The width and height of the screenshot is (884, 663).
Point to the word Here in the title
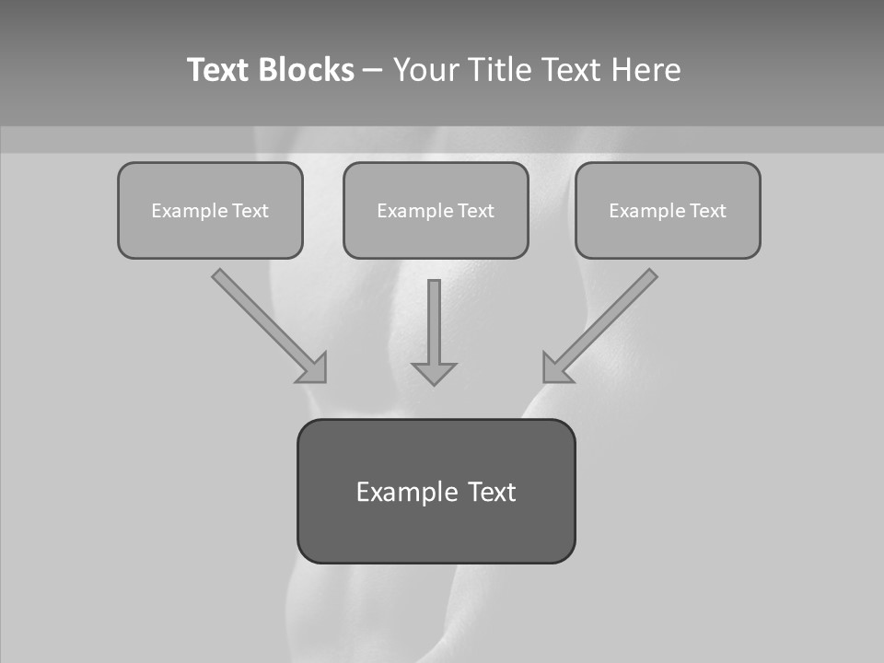click(645, 70)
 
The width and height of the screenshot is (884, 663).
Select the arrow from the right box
click(608, 318)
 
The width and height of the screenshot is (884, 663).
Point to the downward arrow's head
click(434, 372)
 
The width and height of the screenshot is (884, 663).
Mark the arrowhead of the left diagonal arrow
click(313, 367)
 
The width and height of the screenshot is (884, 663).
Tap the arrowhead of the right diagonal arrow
click(556, 367)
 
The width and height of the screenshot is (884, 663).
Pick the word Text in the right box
click(708, 211)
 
